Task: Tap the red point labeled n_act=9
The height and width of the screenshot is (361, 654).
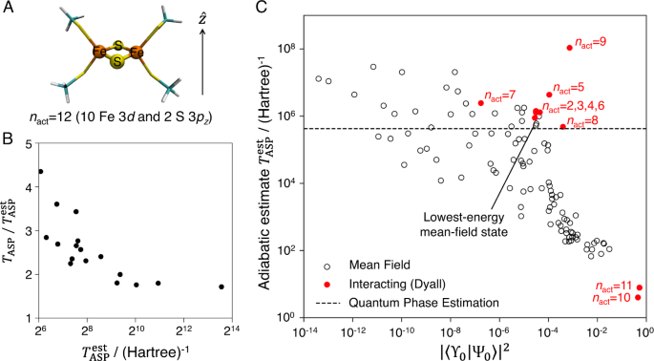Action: point(570,48)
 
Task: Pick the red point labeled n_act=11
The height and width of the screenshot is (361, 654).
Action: point(639,287)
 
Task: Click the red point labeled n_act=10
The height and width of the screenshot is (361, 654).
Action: point(638,297)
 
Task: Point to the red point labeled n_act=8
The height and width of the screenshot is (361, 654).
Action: point(563,126)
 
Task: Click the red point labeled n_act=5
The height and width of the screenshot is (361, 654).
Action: point(549,95)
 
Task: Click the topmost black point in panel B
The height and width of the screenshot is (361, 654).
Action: point(40,172)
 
